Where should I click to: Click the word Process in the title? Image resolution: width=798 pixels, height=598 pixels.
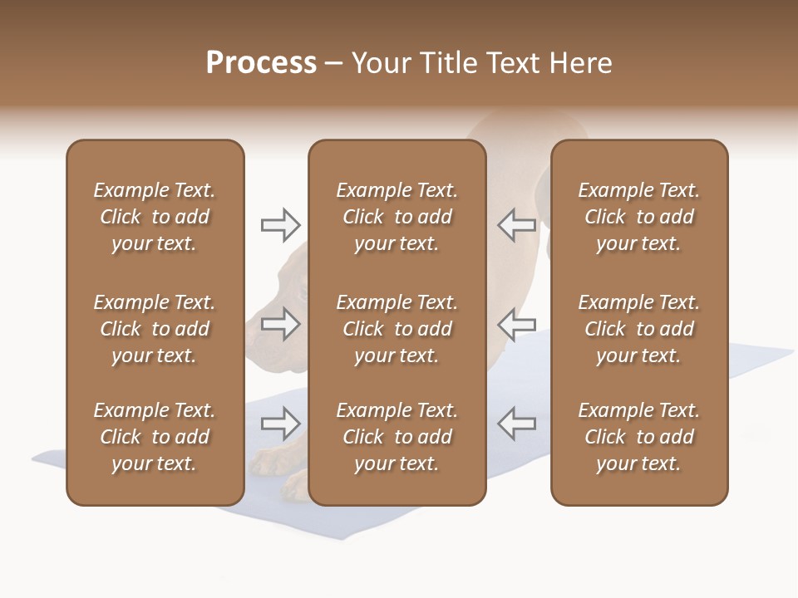click(x=261, y=63)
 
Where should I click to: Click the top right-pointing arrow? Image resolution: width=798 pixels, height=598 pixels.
click(x=280, y=225)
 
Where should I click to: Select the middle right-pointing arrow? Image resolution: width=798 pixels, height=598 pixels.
click(x=280, y=324)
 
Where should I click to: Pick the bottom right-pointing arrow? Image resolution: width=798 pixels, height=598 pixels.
click(x=280, y=424)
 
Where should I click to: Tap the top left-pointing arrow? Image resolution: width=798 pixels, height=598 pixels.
click(x=516, y=225)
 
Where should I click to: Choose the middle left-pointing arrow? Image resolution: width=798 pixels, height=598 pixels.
click(x=516, y=324)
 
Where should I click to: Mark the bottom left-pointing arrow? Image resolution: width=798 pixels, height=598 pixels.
click(x=516, y=424)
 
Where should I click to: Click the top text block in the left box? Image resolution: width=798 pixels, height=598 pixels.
click(x=155, y=217)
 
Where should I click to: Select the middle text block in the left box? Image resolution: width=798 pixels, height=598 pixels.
click(x=155, y=329)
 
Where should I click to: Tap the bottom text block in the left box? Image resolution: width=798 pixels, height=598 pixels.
click(x=155, y=437)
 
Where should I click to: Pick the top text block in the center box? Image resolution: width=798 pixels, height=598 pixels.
click(x=397, y=217)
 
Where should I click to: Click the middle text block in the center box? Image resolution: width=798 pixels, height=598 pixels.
click(x=397, y=329)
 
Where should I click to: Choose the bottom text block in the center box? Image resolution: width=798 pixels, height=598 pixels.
click(x=397, y=437)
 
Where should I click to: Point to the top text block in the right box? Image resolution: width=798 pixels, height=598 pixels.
click(x=639, y=217)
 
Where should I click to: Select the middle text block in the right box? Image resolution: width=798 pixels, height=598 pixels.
click(x=639, y=329)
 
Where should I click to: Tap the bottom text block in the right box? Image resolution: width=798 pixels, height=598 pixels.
click(x=639, y=437)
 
